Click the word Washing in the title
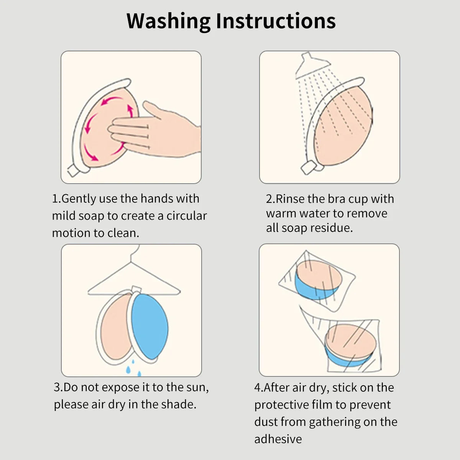coord(168,21)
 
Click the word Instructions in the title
coord(276,21)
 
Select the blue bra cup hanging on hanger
coord(149,326)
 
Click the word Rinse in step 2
coord(290,199)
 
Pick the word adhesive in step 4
coord(278,439)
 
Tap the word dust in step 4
coord(266,422)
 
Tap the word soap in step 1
coord(91,216)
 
